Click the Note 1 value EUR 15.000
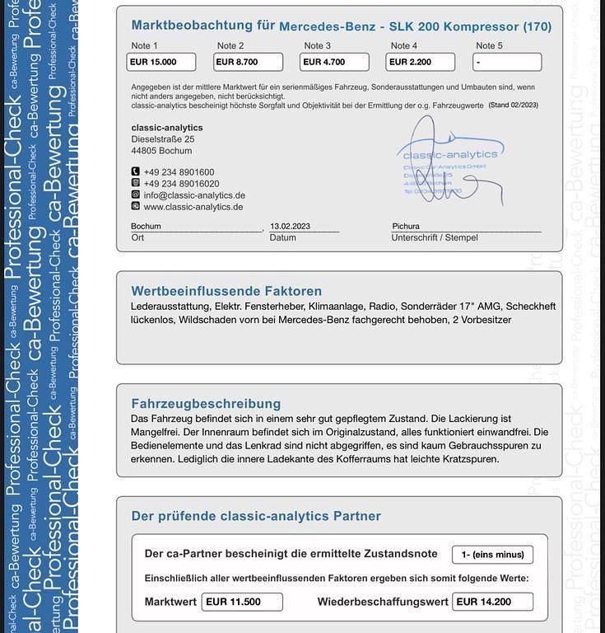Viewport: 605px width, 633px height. (161, 62)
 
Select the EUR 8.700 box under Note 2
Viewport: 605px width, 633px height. (248, 62)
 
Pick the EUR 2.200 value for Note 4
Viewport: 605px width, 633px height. (420, 62)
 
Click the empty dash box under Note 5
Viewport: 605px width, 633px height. (506, 62)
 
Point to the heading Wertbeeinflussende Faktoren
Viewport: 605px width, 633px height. (226, 291)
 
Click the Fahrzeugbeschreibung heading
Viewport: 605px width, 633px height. (206, 404)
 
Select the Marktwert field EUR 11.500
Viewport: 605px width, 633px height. (242, 602)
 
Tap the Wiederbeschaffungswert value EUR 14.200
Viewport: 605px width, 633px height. (492, 602)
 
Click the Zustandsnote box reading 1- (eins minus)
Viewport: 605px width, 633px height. (492, 555)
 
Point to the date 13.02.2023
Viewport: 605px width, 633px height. (290, 226)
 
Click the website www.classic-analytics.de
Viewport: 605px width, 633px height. (193, 207)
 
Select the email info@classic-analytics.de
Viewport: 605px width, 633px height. (194, 195)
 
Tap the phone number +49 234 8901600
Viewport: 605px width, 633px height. (179, 172)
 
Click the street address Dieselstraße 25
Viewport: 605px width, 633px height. (163, 139)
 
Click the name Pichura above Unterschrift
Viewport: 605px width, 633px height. (406, 226)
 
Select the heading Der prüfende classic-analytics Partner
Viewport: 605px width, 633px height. (256, 517)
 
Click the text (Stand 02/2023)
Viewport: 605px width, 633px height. (513, 105)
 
